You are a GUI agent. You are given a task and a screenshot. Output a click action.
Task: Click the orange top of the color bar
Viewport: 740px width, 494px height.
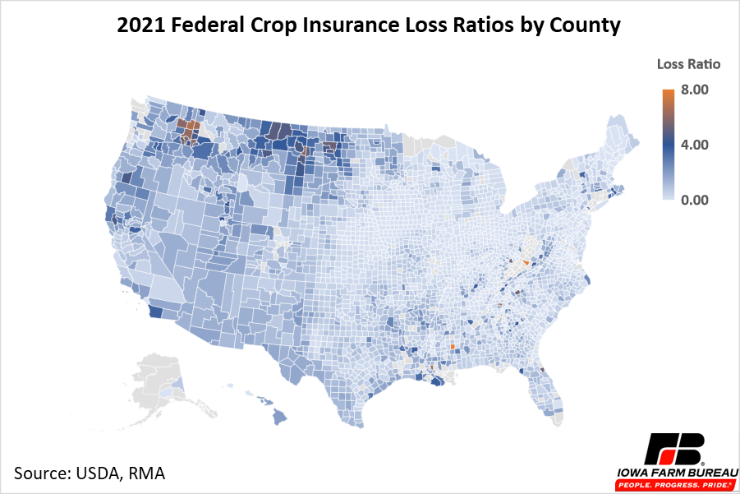669,94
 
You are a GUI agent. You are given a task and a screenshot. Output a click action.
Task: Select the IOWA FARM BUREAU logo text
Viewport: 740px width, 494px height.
674,475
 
